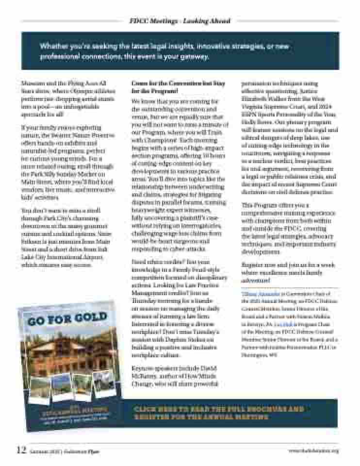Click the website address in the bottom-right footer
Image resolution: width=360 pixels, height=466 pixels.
pyautogui.click(x=313, y=451)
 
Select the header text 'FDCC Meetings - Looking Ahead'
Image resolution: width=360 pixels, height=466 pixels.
pyautogui.click(x=180, y=21)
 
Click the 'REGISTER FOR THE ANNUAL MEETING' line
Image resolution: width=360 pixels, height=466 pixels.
pyautogui.click(x=201, y=417)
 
